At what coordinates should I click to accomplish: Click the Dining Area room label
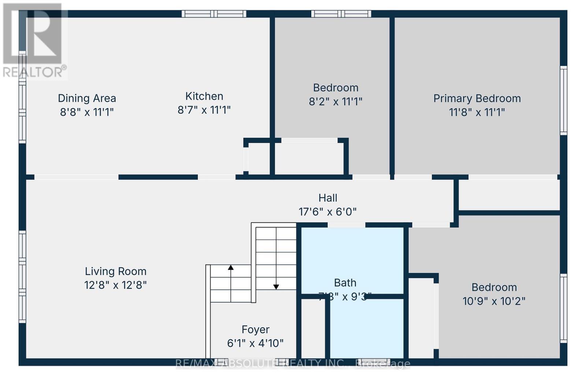coord(87,98)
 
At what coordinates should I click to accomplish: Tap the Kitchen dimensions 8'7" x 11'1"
coord(204,110)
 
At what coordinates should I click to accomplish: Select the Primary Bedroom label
coord(477,99)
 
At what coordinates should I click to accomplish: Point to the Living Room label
coord(116,271)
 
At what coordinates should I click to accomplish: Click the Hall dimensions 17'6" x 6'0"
coord(327,212)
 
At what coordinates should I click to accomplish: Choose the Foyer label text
coord(256,330)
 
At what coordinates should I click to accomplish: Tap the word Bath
coord(345,283)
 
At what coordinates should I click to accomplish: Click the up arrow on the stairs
coord(231,268)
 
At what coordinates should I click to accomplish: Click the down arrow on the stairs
coord(276,286)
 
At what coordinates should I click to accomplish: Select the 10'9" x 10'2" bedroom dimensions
coord(494,301)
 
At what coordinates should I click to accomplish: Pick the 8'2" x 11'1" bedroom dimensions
coord(335,101)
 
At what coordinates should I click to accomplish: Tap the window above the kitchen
coord(214,14)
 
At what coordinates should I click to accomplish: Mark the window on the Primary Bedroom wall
coord(564,100)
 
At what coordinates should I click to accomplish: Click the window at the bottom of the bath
coord(374,362)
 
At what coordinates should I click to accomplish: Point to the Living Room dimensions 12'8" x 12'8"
coord(116,285)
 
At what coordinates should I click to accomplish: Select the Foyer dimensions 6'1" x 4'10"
coord(255,343)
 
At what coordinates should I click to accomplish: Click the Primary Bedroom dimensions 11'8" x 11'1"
coord(477,112)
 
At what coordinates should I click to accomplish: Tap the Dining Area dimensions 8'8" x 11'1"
coord(87,112)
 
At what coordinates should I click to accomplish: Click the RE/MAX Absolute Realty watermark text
coord(293,363)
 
